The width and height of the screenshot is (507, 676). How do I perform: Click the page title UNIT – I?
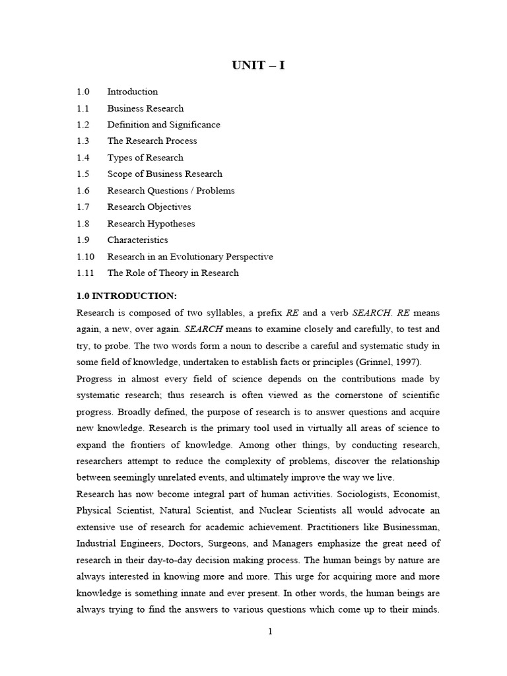click(x=258, y=65)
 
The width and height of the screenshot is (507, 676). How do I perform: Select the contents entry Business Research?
click(x=145, y=108)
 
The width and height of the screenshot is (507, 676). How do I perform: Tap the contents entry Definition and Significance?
click(x=164, y=125)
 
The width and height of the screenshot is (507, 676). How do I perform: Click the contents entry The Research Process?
click(x=152, y=141)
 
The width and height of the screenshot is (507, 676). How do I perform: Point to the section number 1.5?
click(x=83, y=174)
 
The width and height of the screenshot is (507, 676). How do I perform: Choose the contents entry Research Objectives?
click(x=149, y=207)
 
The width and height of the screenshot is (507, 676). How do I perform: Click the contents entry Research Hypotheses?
click(x=151, y=224)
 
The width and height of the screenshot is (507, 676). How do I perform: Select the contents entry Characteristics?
click(x=137, y=240)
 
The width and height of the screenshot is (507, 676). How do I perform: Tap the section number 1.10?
click(x=85, y=257)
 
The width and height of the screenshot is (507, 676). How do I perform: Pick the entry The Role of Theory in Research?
click(x=173, y=273)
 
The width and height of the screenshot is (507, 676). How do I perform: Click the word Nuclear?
click(x=285, y=510)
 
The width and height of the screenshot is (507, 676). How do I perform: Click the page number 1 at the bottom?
click(x=270, y=632)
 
